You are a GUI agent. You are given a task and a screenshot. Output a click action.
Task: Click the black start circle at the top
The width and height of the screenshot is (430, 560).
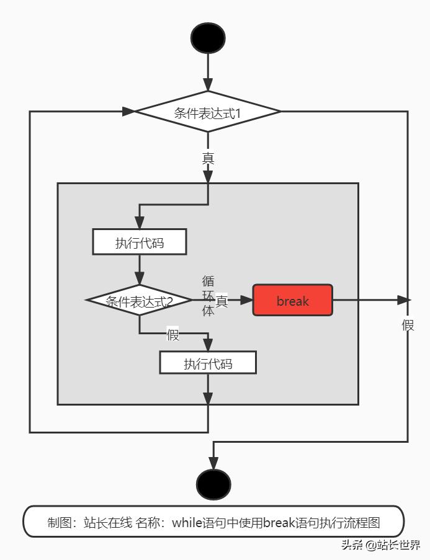[208, 38]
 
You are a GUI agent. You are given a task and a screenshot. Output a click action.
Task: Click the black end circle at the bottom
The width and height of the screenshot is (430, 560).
[213, 484]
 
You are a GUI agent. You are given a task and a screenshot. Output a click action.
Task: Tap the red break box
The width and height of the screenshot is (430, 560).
[293, 301]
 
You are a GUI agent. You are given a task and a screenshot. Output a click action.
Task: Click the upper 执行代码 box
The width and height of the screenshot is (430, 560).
[140, 242]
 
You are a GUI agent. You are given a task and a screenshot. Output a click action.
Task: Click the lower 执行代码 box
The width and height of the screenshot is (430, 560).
[208, 363]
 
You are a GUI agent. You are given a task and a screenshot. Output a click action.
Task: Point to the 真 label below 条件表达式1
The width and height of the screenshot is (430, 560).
[208, 158]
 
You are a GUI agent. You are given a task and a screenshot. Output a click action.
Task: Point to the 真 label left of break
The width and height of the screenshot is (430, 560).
[222, 301]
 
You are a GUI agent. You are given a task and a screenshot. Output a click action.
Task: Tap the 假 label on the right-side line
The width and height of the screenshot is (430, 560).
[408, 325]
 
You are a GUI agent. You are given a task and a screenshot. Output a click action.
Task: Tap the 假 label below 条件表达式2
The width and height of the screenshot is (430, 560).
[172, 336]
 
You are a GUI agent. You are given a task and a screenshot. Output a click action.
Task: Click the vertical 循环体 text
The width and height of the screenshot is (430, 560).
[208, 296]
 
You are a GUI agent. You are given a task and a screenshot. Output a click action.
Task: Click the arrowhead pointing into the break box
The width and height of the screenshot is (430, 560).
[246, 301]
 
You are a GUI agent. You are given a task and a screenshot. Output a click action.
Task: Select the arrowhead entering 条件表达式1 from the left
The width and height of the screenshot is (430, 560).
[128, 112]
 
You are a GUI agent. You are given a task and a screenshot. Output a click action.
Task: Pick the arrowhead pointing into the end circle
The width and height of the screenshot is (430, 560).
[213, 463]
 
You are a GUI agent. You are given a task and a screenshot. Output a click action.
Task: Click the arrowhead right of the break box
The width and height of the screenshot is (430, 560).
[403, 300]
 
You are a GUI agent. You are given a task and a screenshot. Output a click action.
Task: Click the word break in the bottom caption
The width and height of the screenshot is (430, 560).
[279, 522]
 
